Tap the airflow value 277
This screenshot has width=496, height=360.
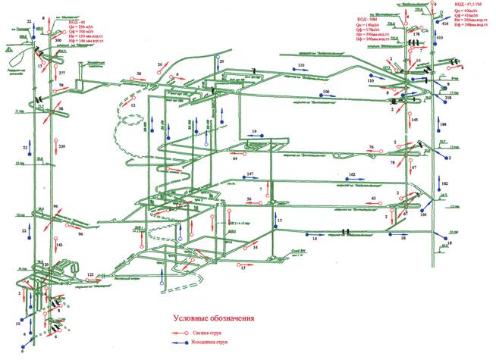(x=62, y=73)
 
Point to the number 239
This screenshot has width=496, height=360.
(x=62, y=146)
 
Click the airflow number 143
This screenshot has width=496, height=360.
(x=58, y=245)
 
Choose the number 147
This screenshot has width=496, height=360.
(x=250, y=174)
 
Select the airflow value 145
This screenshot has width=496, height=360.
(x=414, y=120)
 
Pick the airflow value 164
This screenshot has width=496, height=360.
(x=423, y=215)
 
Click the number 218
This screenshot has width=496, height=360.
(x=447, y=99)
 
